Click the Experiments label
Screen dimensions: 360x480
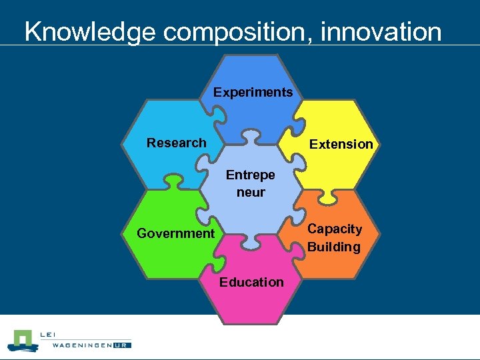[x=253, y=93]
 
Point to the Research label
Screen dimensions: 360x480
[x=176, y=143]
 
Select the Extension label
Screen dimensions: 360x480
[x=341, y=144]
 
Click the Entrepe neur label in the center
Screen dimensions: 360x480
[x=250, y=183]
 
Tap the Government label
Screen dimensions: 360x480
[x=175, y=233]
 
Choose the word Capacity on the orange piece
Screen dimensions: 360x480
[x=334, y=229]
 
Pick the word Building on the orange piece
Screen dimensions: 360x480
[x=333, y=247]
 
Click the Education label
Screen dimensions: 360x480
[x=251, y=282]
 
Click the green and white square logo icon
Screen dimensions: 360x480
[x=24, y=340]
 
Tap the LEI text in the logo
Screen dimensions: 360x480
[x=49, y=335]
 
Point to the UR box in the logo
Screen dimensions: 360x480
[x=122, y=345]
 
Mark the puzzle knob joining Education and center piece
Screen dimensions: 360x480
[x=250, y=241]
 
